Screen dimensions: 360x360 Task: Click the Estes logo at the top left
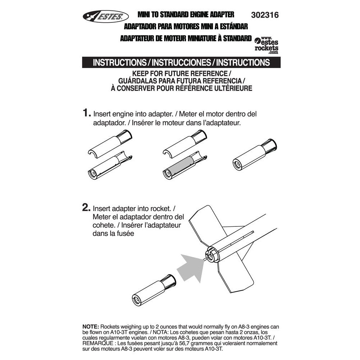(105, 16)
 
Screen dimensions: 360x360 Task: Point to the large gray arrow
(193, 266)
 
